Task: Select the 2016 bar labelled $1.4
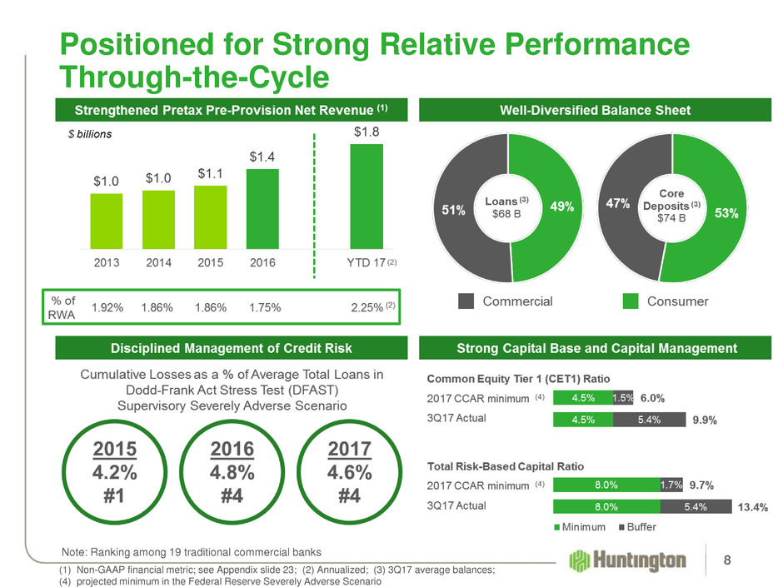pos(263,208)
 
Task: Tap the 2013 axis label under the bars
pos(107,261)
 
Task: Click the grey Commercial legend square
pos(466,301)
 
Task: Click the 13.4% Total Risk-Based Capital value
pos(752,505)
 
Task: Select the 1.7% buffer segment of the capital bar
pos(671,483)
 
